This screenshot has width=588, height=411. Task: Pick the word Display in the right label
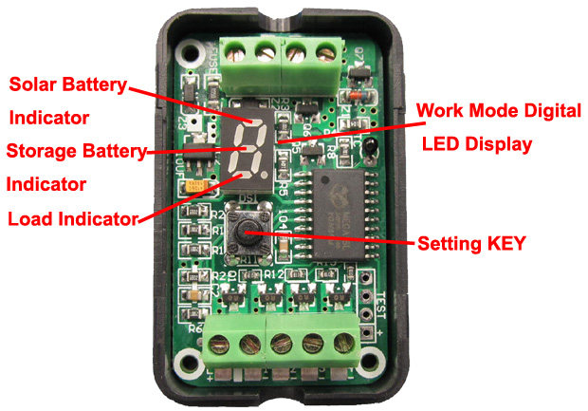pyautogui.click(x=495, y=144)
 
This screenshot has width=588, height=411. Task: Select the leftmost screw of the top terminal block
pyautogui.click(x=237, y=48)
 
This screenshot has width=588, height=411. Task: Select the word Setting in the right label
pyautogui.click(x=447, y=242)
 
